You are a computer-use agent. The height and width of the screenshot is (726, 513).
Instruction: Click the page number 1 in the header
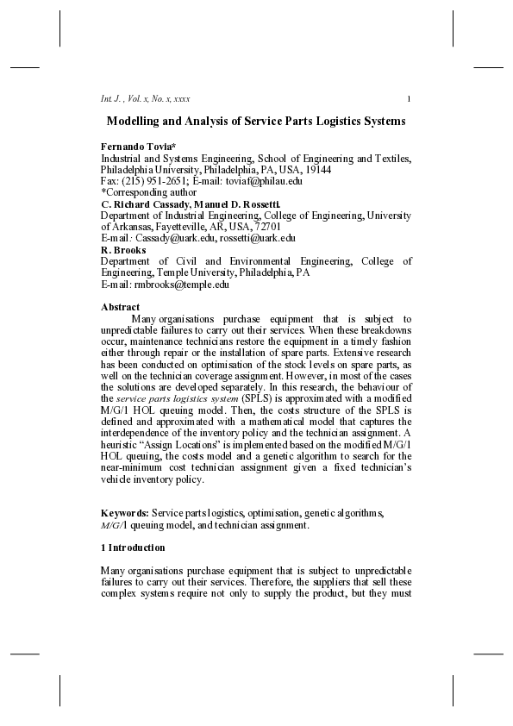point(409,97)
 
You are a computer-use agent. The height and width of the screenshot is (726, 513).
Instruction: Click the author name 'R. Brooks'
point(123,249)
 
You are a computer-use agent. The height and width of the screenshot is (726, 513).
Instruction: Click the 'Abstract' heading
point(121,307)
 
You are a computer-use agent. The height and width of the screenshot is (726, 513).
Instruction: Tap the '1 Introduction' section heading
point(133,548)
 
